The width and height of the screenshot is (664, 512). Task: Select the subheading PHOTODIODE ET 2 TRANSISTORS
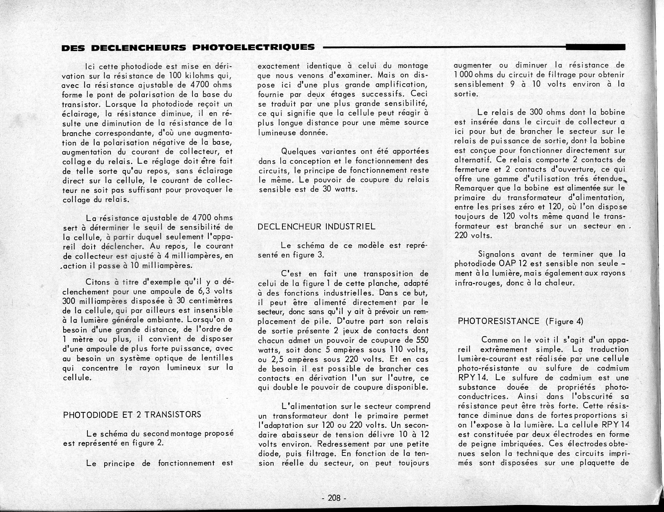(132, 415)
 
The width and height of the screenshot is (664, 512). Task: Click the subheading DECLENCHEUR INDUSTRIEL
(317, 227)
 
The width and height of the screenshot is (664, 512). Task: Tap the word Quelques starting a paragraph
(298, 151)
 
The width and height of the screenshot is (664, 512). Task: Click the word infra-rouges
(475, 283)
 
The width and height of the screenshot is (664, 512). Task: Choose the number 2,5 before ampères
(266, 359)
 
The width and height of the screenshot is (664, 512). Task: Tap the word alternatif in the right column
(472, 160)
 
